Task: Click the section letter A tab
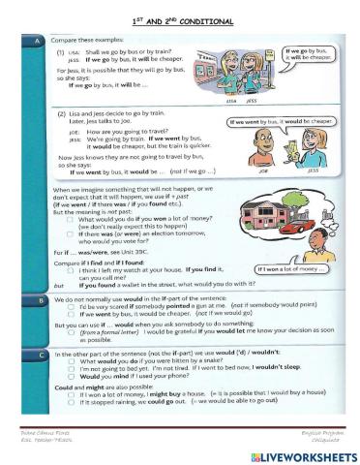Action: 36,42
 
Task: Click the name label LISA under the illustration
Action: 229,100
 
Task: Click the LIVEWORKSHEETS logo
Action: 296,454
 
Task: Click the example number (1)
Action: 60,54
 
